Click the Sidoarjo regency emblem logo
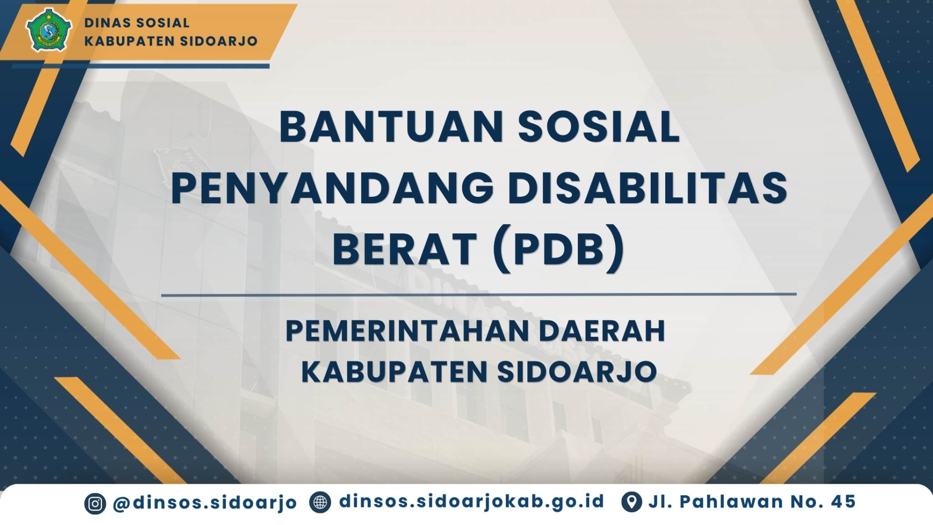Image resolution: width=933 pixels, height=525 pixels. point(49,30)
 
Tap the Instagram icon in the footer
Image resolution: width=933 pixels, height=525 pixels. point(95,504)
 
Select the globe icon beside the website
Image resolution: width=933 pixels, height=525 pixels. point(320,503)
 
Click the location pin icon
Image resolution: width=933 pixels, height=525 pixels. point(631,502)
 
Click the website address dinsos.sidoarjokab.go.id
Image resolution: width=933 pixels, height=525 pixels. point(472,502)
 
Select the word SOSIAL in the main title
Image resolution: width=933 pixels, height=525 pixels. point(599,127)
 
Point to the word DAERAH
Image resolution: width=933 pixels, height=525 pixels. point(602,331)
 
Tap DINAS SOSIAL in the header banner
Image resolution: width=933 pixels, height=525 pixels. point(137,23)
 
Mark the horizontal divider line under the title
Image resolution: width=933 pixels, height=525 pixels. point(479,294)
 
